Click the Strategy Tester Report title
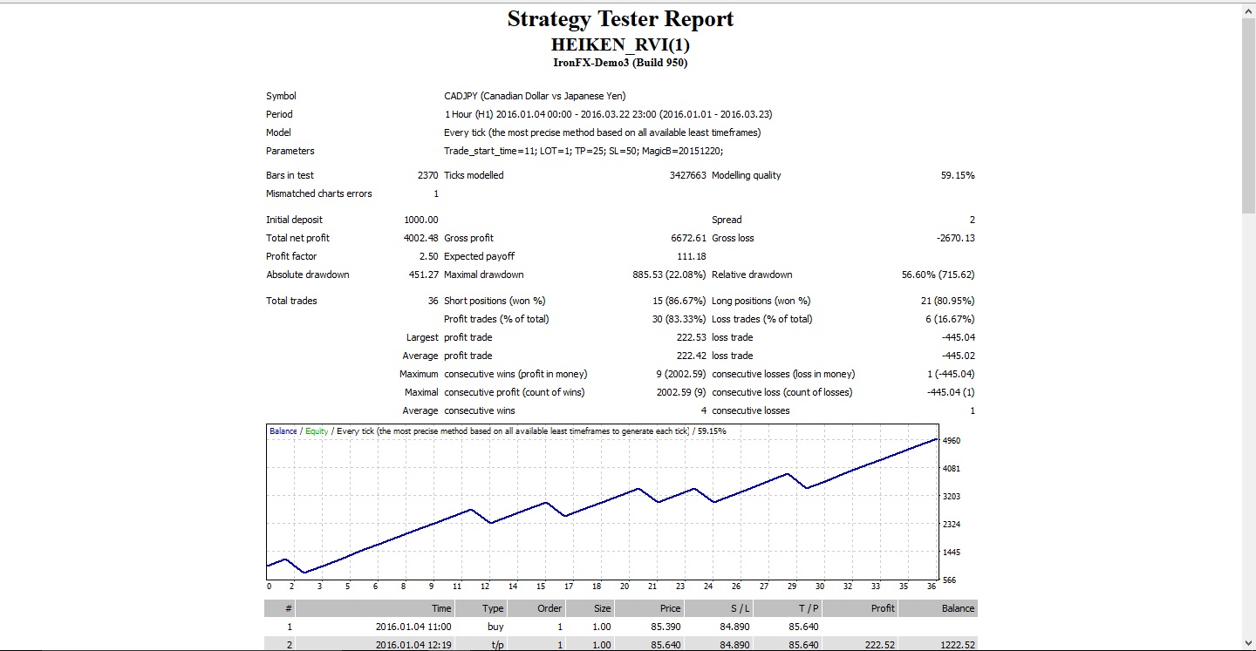coord(620,18)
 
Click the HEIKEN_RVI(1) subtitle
coord(620,44)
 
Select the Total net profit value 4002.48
coord(420,238)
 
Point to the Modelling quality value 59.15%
coord(958,175)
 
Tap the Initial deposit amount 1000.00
coord(421,220)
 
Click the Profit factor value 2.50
coord(428,256)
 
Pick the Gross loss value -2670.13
coord(955,238)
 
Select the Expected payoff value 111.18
coord(692,256)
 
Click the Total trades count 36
coord(433,301)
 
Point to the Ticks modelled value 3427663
coord(687,175)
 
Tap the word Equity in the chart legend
coord(317,431)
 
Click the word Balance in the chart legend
coord(283,431)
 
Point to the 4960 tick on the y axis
coord(952,441)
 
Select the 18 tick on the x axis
coord(597,586)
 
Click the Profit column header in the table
coord(883,608)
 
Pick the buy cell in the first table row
coord(495,627)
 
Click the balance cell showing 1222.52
coord(958,645)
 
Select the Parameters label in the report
coord(290,152)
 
